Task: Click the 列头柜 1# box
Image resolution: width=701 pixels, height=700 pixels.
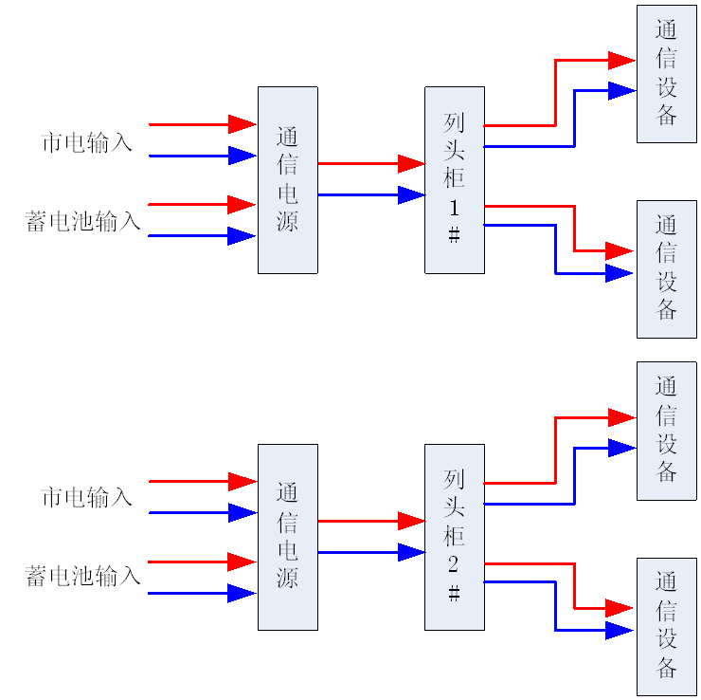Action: [455, 180]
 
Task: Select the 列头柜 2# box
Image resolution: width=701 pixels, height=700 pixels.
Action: [455, 537]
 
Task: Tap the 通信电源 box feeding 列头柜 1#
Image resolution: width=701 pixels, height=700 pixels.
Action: [287, 180]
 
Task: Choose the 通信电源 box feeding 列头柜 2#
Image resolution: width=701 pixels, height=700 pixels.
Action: [287, 537]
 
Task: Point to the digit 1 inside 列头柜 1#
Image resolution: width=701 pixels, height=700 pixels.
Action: [454, 209]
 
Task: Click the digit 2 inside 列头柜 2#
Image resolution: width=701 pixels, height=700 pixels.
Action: [454, 565]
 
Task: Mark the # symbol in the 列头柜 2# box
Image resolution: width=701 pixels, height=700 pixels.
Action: [454, 594]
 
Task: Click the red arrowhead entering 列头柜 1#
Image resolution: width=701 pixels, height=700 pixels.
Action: [411, 164]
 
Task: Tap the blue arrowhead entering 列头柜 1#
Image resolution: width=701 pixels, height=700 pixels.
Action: [411, 195]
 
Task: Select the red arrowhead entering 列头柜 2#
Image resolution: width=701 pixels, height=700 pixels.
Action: [411, 521]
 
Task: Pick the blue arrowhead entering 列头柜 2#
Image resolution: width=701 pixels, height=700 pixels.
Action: [411, 552]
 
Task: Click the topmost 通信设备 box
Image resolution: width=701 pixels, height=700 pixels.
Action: [667, 74]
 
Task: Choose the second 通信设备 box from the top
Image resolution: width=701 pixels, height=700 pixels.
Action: [667, 268]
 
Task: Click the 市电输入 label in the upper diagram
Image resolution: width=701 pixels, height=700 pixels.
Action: [87, 143]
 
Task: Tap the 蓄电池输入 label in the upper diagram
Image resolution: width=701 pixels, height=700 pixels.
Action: [83, 222]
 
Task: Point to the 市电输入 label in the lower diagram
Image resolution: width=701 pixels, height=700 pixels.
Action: [87, 498]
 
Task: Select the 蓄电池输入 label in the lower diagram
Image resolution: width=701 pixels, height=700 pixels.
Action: [83, 576]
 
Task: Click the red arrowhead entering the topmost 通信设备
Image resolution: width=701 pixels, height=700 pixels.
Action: [621, 61]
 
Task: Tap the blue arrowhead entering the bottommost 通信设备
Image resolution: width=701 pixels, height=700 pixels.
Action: [620, 631]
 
